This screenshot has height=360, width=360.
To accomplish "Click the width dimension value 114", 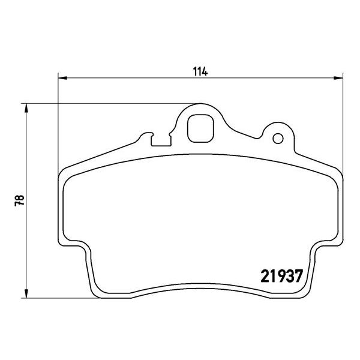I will pyautogui.click(x=200, y=71).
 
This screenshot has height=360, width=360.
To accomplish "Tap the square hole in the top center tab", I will pyautogui.click(x=200, y=128).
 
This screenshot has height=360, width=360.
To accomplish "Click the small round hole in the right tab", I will pyautogui.click(x=277, y=139).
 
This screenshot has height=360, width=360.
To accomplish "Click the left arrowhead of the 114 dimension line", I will pyautogui.click(x=62, y=77).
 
